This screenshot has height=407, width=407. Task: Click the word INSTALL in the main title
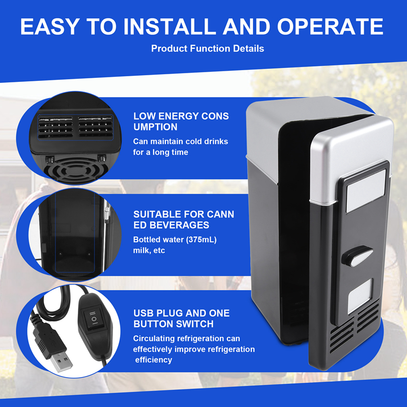coord(163,26)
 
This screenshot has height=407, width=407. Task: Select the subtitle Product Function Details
coord(208,49)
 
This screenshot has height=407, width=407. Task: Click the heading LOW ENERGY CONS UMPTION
coord(181,122)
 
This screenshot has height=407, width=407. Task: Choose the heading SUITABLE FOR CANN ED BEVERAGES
coord(184,220)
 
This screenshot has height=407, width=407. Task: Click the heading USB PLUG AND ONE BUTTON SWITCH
coord(181,318)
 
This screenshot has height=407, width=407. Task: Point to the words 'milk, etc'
coord(149,250)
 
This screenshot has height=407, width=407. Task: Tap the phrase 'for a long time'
coord(160,152)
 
